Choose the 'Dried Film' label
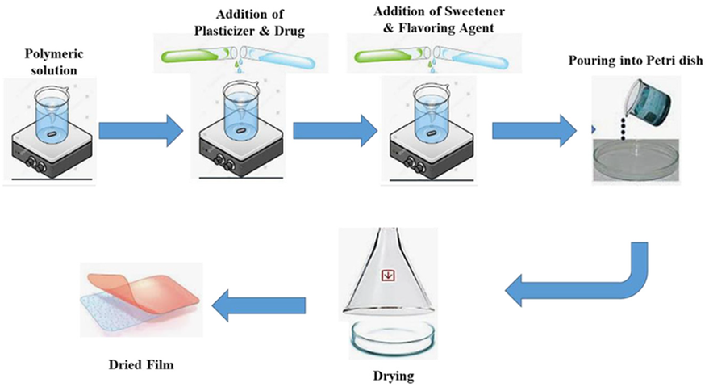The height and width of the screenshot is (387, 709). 141,364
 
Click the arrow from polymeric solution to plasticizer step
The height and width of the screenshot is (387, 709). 141,128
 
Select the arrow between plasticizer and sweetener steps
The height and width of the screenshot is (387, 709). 336,128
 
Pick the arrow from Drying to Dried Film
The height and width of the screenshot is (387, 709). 258,304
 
